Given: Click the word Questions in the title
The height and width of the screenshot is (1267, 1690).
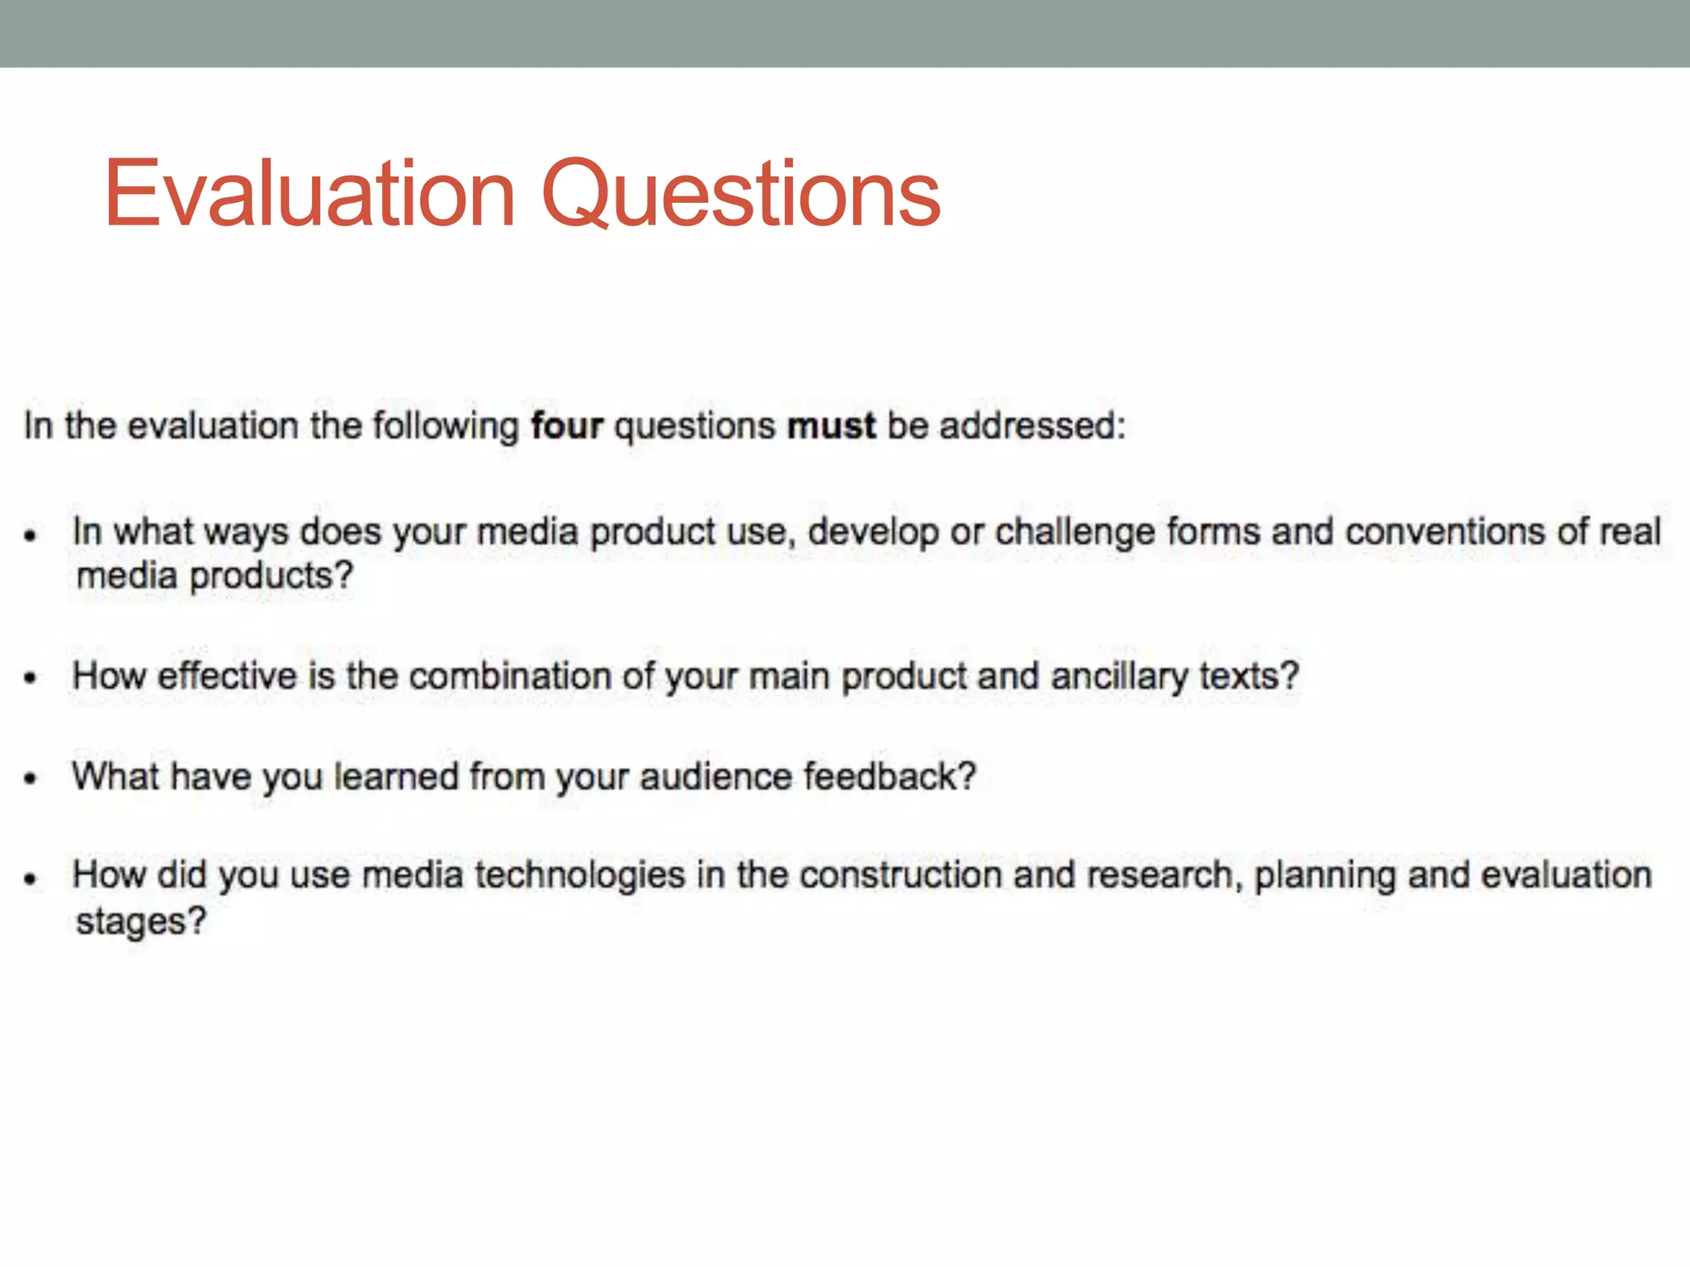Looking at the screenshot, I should [741, 195].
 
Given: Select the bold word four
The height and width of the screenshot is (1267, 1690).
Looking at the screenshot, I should [567, 426].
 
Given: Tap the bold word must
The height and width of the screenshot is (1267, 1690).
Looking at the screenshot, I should [831, 426].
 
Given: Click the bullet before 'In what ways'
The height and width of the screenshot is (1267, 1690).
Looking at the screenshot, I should [31, 536].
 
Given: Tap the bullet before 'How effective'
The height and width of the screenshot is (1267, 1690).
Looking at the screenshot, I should [31, 679].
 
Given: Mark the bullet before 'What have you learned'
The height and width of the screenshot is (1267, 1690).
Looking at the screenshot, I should [31, 779].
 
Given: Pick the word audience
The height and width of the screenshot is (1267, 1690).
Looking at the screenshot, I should [715, 777].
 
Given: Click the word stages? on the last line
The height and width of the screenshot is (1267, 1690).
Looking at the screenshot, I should [141, 921].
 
